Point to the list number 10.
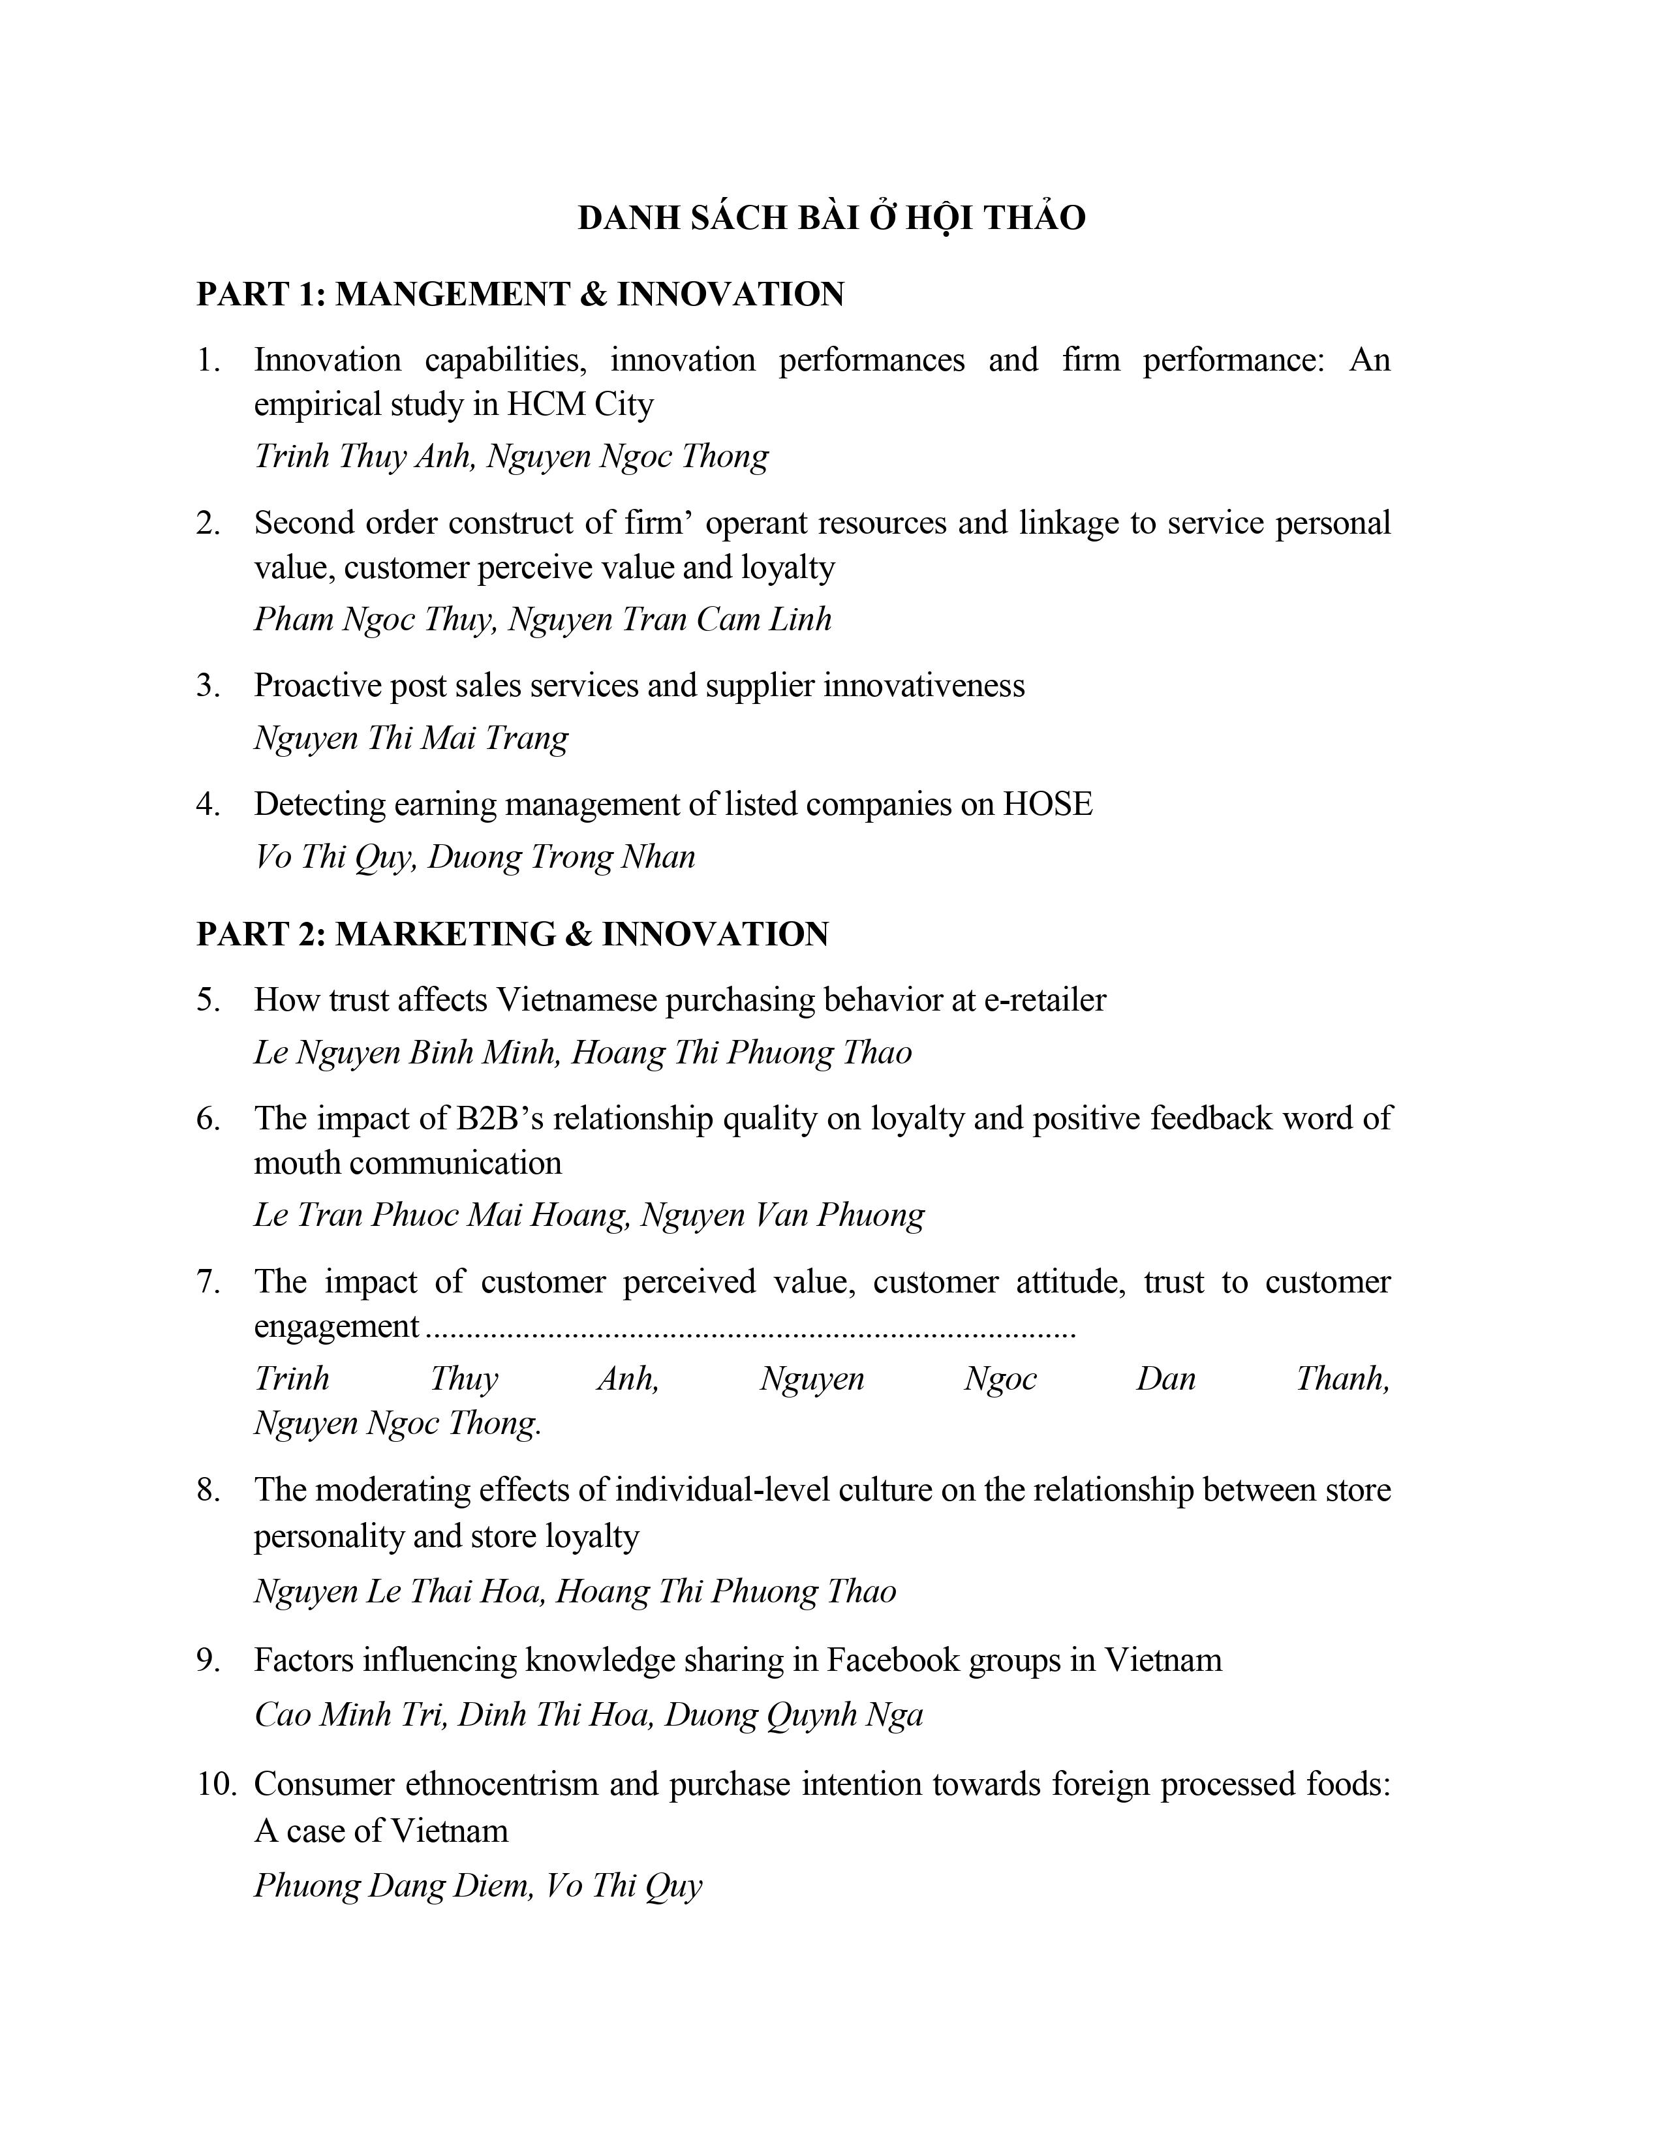[x=217, y=1784]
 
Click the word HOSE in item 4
[x=1048, y=804]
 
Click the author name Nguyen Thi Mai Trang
[x=411, y=737]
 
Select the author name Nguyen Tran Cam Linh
[x=670, y=619]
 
